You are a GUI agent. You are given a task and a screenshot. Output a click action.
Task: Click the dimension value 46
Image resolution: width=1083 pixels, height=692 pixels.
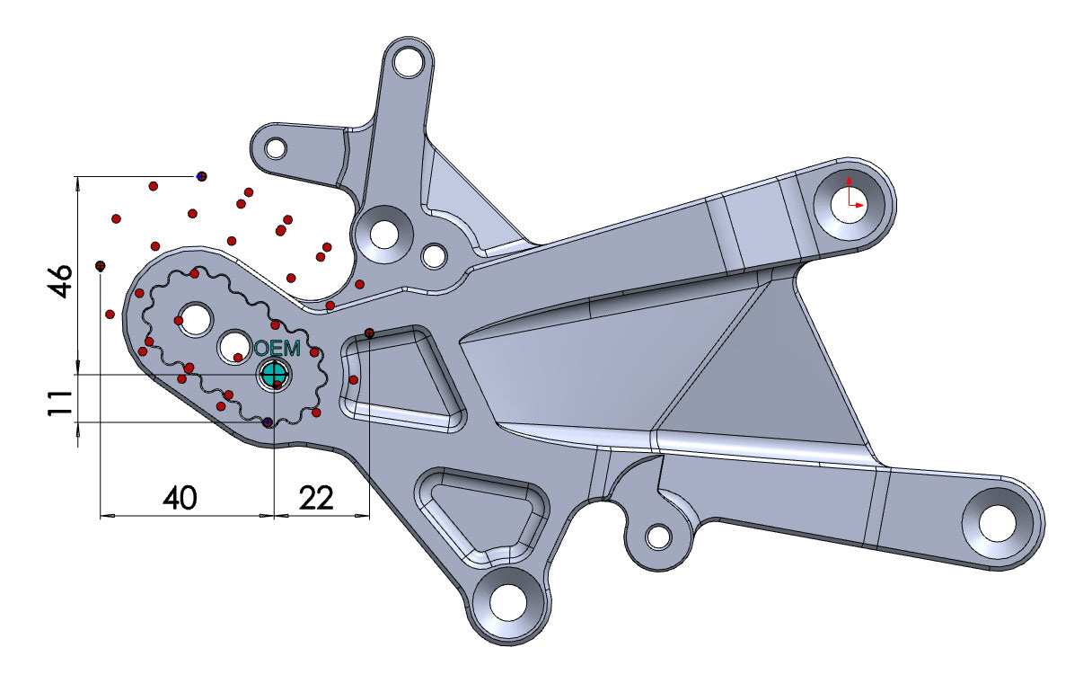[60, 279]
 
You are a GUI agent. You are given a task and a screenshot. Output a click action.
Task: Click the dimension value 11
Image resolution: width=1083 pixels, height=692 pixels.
[60, 402]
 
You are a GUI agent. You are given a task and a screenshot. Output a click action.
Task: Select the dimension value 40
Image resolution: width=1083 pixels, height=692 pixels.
[180, 497]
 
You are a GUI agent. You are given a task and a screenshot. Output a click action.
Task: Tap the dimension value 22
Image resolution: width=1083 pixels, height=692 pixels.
[316, 497]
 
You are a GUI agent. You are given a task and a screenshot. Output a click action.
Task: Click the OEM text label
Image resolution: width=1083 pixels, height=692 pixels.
[277, 349]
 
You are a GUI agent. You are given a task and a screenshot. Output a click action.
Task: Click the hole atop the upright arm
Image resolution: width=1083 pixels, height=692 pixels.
[409, 62]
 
